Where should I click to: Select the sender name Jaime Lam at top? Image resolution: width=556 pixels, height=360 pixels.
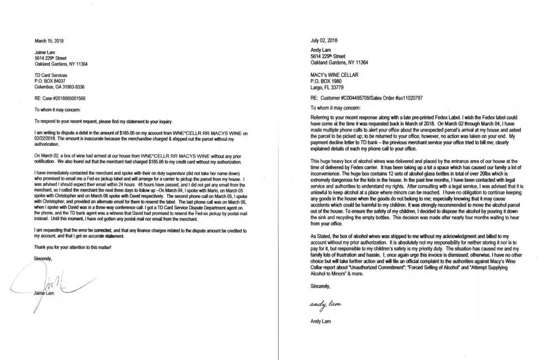(x=44, y=52)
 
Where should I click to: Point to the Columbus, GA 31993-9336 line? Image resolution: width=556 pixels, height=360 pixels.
(x=59, y=86)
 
